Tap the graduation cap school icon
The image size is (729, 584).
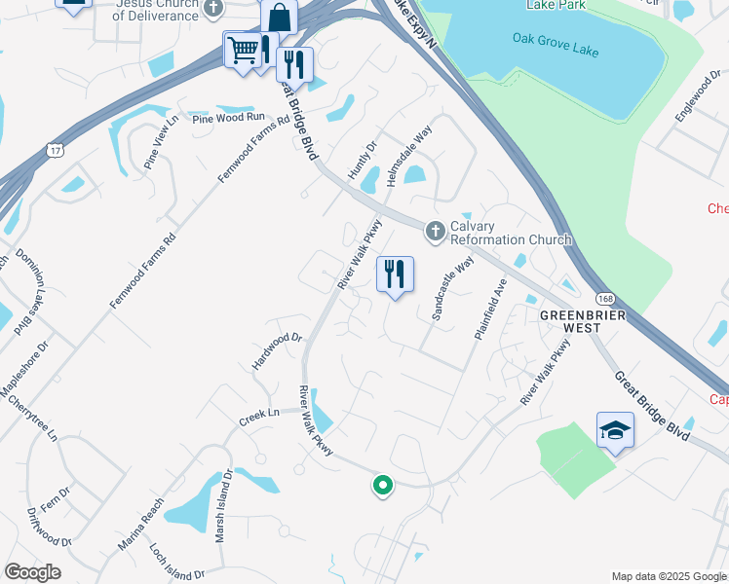615,429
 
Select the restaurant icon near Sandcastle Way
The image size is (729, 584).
395,273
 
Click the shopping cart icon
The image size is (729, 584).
243,49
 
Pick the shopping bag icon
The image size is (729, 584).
279,18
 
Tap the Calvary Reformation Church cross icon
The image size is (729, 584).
435,231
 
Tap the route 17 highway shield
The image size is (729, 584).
56,149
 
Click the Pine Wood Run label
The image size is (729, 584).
229,117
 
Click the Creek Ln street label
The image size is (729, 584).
259,417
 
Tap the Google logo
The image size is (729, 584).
32,572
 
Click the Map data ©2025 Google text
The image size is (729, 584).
668,576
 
